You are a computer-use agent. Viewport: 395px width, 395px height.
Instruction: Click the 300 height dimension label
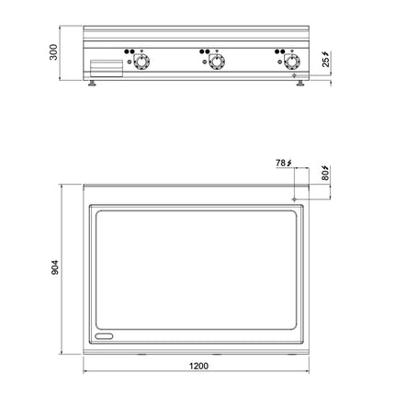click(53, 52)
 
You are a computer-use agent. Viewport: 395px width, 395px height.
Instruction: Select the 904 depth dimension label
click(54, 267)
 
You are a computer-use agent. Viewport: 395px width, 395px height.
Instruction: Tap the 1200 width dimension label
click(198, 366)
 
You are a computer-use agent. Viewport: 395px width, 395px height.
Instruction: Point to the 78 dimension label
click(281, 163)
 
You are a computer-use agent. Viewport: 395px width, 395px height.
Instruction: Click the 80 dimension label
click(325, 175)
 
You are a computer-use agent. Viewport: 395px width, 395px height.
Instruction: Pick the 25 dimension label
click(326, 62)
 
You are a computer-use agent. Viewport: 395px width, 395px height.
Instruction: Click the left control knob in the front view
click(141, 62)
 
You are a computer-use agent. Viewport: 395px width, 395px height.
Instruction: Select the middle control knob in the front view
click(217, 62)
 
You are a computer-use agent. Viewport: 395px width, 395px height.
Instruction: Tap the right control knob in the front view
click(292, 62)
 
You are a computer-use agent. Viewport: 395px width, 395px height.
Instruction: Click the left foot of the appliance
click(92, 84)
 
